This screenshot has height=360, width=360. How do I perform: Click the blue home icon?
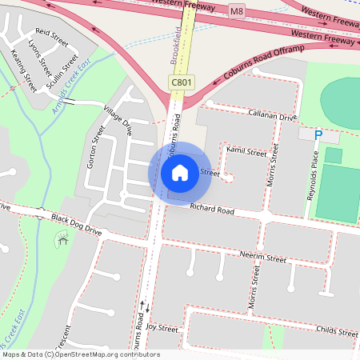pos(180,172)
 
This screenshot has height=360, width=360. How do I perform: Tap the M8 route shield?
pos(236,11)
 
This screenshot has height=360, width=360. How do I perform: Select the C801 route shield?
pos(181,82)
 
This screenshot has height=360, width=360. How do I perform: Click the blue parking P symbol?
pos(318,136)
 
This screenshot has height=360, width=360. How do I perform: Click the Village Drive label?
pos(118,118)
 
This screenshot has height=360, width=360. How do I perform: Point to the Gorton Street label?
pos(94,146)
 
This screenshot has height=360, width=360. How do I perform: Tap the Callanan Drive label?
pos(272,117)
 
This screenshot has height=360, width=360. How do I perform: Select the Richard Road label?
pos(212,210)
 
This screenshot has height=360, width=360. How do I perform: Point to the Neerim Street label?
pos(262,258)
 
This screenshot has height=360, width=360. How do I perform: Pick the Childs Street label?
pos(337,330)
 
